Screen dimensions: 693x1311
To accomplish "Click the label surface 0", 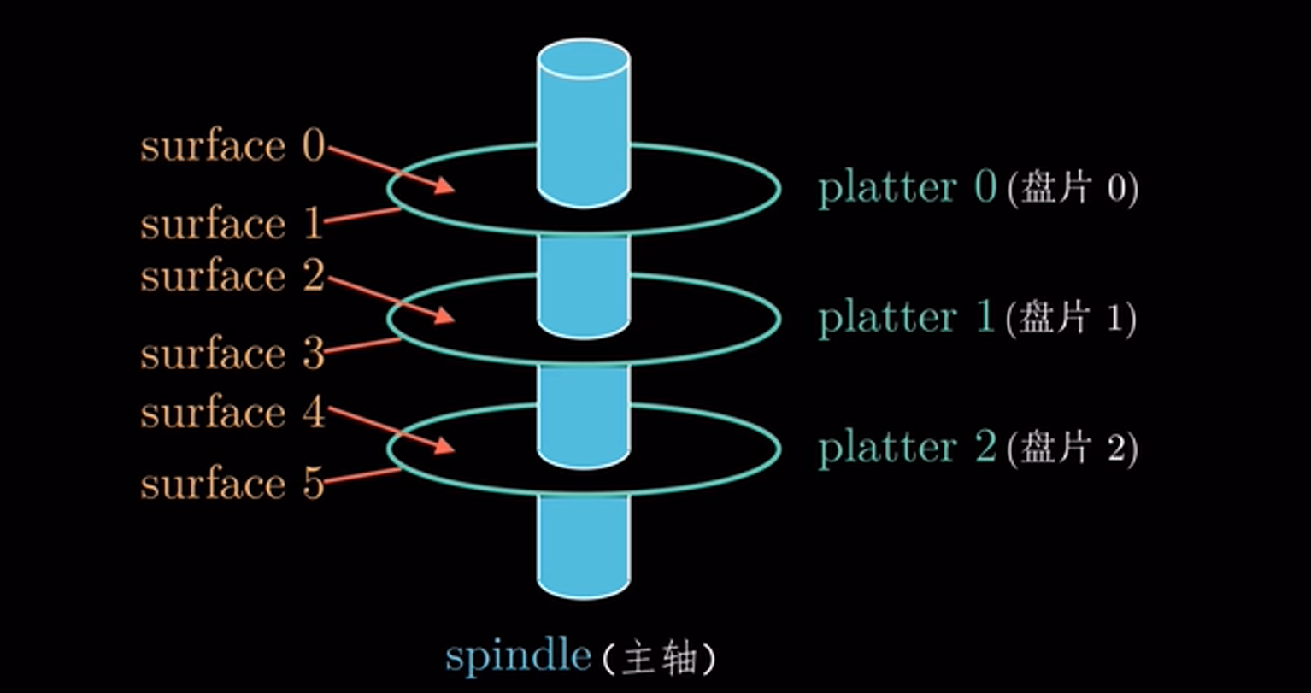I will click(232, 146).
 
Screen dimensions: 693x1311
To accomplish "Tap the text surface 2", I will click(232, 276).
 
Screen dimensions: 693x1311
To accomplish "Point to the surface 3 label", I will click(232, 354).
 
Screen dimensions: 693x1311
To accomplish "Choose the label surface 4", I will click(232, 413).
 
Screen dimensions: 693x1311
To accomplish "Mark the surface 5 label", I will click(232, 484).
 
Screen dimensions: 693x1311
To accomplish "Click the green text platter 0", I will click(908, 188).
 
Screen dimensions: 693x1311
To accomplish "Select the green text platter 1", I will click(908, 318).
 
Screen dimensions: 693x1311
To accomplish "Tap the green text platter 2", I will click(908, 448).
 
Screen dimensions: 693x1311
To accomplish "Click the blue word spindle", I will click(518, 655).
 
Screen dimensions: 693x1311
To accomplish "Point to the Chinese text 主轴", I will click(658, 658).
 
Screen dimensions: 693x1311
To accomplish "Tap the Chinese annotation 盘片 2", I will click(1073, 449).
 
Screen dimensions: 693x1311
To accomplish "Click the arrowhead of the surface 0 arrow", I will click(445, 186).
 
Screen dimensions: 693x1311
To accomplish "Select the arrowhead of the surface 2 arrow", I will click(445, 317).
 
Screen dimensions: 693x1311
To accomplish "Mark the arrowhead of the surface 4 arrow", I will click(445, 446).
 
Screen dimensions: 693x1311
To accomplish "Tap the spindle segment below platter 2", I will click(584, 543).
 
